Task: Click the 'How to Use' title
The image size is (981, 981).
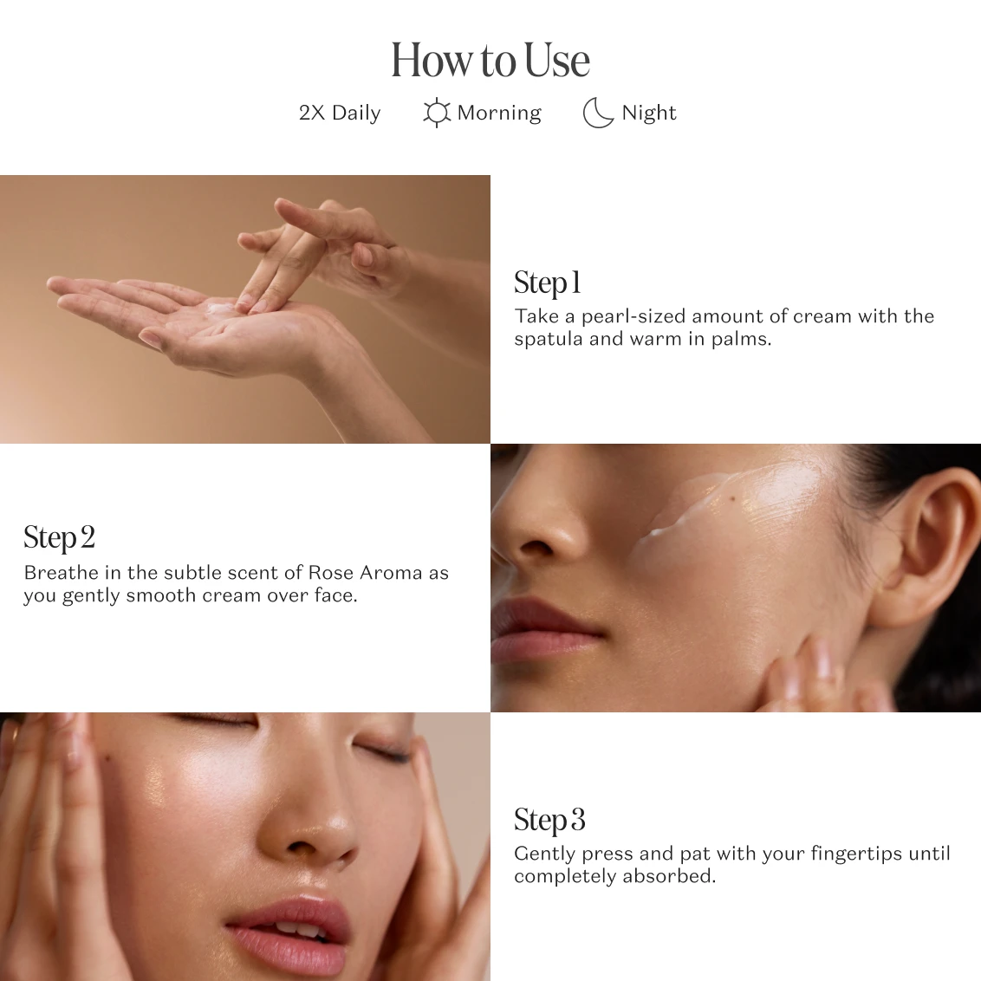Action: [491, 60]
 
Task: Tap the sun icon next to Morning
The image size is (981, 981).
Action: [436, 113]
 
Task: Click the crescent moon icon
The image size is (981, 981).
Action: [597, 113]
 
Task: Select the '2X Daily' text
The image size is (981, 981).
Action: [340, 113]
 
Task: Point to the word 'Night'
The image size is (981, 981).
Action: [649, 113]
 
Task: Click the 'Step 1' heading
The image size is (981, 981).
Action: [548, 283]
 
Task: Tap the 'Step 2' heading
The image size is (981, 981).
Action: [60, 537]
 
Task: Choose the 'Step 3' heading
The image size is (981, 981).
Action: [549, 820]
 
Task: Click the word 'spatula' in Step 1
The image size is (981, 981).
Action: [549, 339]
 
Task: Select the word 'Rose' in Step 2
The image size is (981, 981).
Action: [331, 573]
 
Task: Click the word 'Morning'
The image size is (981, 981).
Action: [499, 113]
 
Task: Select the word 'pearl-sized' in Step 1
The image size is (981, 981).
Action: [633, 316]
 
